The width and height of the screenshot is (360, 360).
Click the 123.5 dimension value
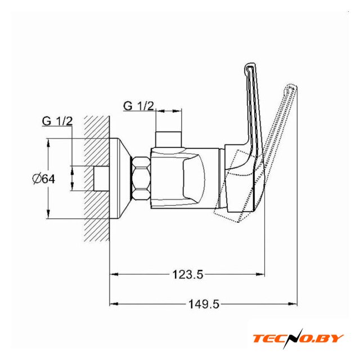tap(188, 274)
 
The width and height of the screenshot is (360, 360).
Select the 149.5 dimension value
tap(204, 304)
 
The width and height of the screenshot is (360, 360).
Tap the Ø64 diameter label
tap(44, 179)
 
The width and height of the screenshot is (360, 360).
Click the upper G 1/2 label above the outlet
tap(138, 106)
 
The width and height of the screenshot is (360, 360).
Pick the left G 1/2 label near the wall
tap(57, 121)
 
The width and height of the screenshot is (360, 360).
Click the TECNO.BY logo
tap(298, 339)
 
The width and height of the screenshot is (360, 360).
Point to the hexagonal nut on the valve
tap(141, 179)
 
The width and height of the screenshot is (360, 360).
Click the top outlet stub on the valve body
tap(169, 139)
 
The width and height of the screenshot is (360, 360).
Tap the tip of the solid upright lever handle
tap(250, 64)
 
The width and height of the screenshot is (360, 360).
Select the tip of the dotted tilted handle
tap(292, 87)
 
